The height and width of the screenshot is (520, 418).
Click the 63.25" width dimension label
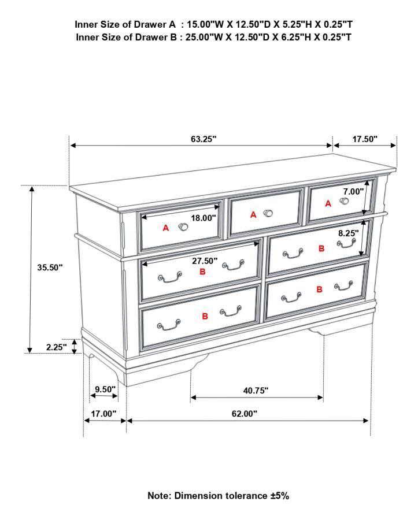coord(204,139)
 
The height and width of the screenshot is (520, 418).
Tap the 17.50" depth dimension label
coord(365,139)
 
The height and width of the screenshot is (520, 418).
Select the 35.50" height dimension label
coord(50,268)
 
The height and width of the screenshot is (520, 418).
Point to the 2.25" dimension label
coord(57,347)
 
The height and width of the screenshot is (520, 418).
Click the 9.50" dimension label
coord(105,389)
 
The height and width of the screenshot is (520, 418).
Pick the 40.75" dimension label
coord(256,391)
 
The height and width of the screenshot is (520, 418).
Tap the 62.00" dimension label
coord(245,414)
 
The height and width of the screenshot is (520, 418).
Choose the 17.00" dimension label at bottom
coord(104,414)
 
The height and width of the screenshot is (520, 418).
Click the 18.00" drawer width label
coord(204,218)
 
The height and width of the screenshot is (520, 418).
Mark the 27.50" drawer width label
coord(205,261)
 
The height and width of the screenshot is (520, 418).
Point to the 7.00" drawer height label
coord(353,191)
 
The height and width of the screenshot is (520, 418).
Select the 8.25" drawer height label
coord(349,233)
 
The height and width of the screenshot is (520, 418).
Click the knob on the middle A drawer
coord(268,213)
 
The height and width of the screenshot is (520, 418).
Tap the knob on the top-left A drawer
coord(183,227)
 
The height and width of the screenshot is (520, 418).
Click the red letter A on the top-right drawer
coord(328,203)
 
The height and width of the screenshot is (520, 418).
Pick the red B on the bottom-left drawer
coord(205,316)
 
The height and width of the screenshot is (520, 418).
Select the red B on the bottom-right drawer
coord(319,289)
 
